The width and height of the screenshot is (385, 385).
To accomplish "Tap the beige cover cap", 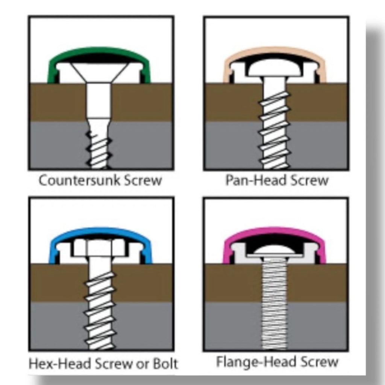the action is coord(274,50).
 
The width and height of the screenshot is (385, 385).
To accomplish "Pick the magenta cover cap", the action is coord(274,231).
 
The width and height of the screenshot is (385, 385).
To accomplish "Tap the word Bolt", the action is coord(165,364).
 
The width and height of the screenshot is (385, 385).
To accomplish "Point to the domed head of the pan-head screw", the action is coord(274,68).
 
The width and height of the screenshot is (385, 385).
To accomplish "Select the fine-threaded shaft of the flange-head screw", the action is coord(274,303).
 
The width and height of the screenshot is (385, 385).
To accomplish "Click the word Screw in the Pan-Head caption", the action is coord(309,180).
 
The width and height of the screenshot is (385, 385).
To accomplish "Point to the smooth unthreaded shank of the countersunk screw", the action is coord(98,101).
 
